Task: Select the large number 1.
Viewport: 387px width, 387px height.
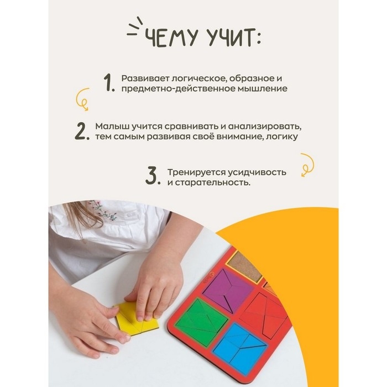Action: pyautogui.click(x=108, y=83)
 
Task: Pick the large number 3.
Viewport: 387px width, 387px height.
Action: pyautogui.click(x=153, y=176)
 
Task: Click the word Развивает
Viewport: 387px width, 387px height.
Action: pyautogui.click(x=145, y=79)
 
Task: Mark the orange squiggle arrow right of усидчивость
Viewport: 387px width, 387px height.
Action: pyautogui.click(x=307, y=165)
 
